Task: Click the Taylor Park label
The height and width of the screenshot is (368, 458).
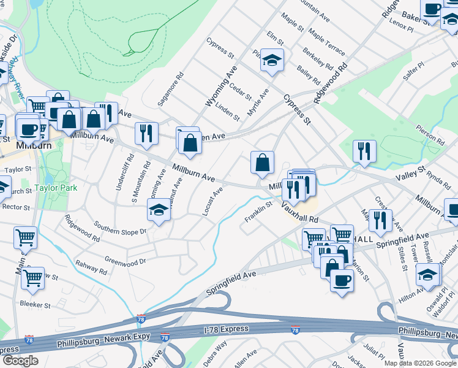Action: click(x=56, y=188)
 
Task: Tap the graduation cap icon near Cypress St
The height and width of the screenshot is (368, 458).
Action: click(x=272, y=60)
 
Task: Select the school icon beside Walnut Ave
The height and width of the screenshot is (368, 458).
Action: click(x=159, y=210)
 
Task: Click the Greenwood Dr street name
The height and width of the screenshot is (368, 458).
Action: click(x=124, y=260)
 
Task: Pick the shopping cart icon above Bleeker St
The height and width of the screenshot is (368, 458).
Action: click(x=32, y=278)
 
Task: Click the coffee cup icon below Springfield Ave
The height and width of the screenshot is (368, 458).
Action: click(x=342, y=280)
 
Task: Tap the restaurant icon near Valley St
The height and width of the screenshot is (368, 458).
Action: click(x=364, y=151)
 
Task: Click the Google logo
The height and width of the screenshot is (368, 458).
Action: click(x=20, y=361)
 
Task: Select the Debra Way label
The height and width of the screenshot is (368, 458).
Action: click(x=215, y=358)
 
